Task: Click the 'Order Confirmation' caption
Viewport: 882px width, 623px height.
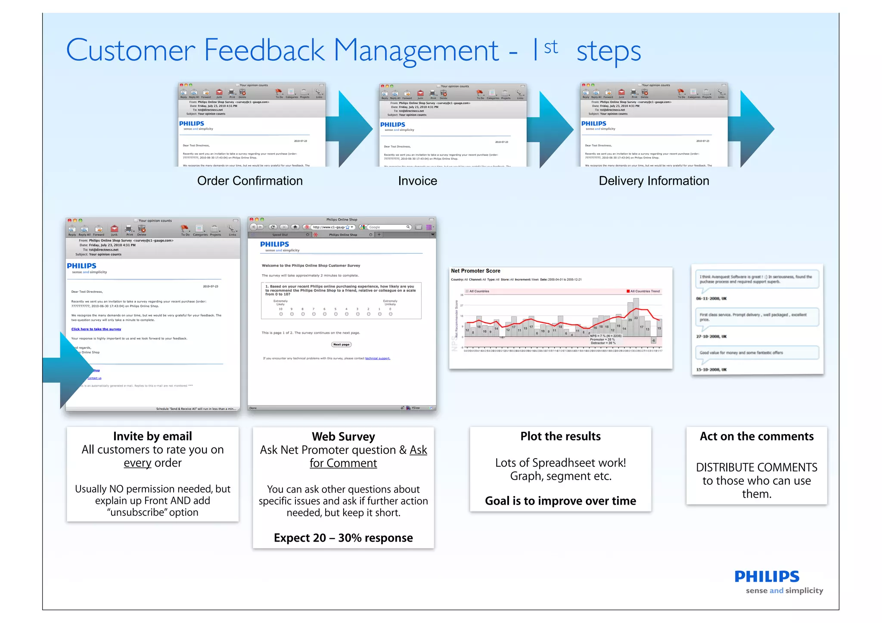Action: coord(250,181)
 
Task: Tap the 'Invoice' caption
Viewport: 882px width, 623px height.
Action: coord(417,181)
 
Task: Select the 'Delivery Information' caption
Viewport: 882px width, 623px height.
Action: coord(653,181)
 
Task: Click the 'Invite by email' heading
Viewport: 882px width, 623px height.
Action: coord(152,436)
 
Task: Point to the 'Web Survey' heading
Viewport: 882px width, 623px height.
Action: coord(343,437)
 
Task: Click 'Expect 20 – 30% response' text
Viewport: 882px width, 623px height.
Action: coord(343,538)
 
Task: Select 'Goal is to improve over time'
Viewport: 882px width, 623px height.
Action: coord(560,501)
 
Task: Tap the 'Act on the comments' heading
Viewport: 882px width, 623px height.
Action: coord(756,436)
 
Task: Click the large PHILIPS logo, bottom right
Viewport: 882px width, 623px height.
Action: coord(767,577)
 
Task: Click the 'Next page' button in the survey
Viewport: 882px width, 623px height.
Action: coord(342,344)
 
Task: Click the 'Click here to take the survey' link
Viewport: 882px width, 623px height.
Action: coord(96,329)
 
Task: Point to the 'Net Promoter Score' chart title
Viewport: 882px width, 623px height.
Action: coord(475,271)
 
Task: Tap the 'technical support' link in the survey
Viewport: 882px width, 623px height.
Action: coord(378,358)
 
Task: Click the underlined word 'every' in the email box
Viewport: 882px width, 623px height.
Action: coord(137,463)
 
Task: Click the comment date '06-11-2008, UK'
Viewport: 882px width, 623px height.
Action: coord(711,298)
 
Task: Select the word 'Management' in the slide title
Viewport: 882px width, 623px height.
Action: coord(416,51)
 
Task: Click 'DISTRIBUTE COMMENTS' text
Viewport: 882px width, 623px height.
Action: coord(756,467)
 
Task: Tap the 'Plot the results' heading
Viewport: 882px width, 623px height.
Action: coord(560,436)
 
